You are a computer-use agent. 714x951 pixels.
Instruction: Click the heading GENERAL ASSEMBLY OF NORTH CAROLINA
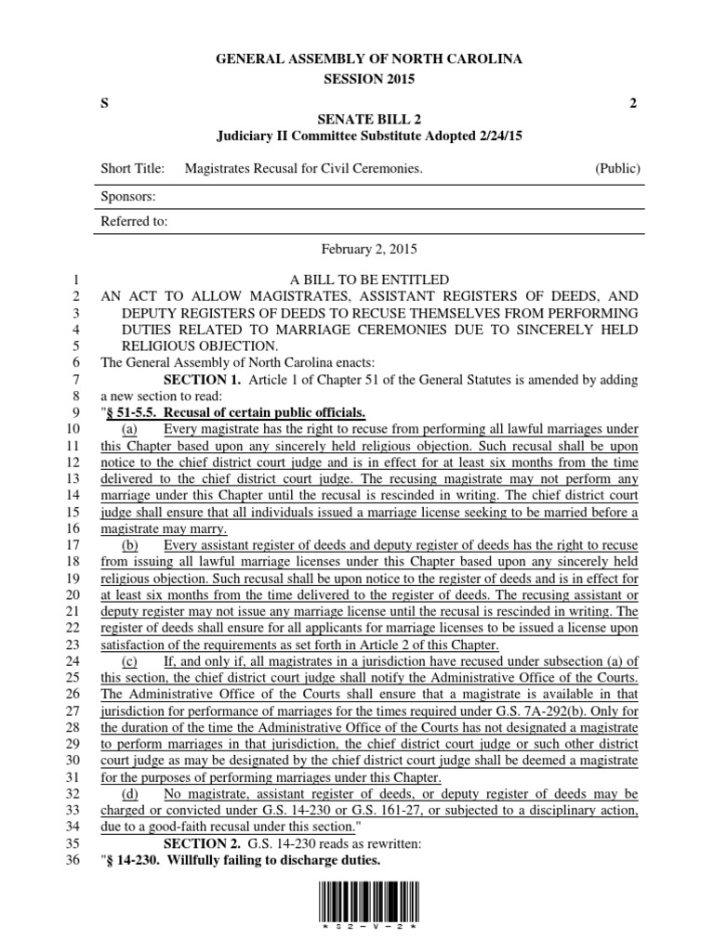(x=369, y=59)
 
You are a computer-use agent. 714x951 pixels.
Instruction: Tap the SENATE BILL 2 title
(x=369, y=118)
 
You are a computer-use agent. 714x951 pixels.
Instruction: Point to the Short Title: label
(x=132, y=169)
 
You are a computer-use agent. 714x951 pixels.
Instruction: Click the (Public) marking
(x=617, y=169)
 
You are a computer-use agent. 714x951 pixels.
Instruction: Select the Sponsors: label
(x=127, y=197)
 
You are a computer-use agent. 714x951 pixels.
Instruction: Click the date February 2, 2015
(x=369, y=250)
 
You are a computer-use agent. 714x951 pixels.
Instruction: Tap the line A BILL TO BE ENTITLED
(x=369, y=280)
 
